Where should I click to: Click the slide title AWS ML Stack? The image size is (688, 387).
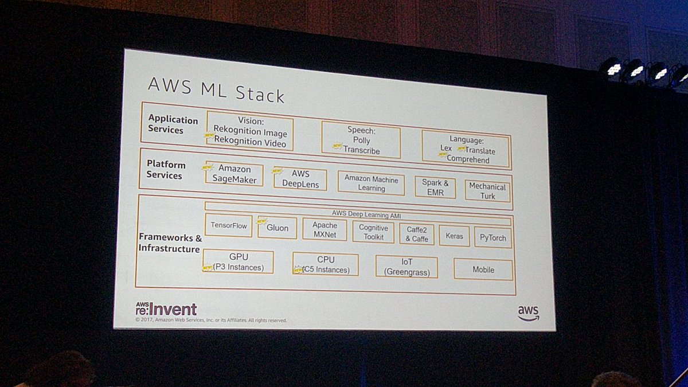[216, 89]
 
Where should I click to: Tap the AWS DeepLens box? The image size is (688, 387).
[300, 179]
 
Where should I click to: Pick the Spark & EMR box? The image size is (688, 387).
[435, 187]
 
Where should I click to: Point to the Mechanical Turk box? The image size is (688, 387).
[487, 191]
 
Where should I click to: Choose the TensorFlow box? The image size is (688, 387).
[229, 225]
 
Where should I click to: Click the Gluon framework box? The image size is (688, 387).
[277, 228]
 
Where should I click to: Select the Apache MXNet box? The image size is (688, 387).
[325, 230]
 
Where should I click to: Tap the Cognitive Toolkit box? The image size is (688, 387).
[373, 232]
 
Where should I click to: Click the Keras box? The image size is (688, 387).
[454, 236]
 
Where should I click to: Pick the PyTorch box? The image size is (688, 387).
[492, 237]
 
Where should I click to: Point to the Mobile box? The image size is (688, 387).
[483, 269]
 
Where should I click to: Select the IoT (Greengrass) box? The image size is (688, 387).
[406, 267]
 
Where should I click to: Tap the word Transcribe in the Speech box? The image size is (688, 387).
[361, 150]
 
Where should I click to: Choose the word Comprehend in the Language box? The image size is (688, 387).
[468, 160]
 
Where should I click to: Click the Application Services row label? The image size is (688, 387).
[173, 124]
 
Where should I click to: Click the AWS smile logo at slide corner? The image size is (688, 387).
[528, 313]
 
